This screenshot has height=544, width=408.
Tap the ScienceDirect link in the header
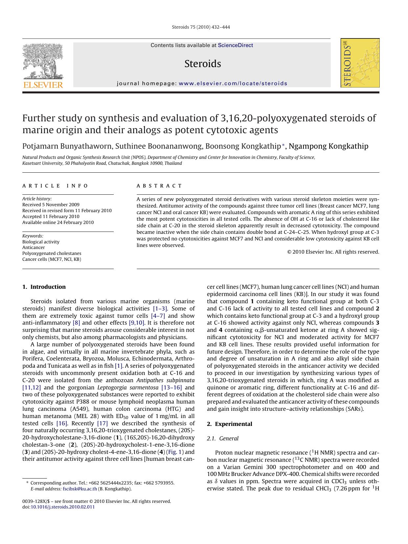235,45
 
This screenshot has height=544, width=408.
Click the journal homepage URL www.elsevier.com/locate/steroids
233,84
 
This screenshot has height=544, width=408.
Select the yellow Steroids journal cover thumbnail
360,63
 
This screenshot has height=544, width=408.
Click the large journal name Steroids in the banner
203,63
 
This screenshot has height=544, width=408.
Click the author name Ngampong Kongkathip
328,146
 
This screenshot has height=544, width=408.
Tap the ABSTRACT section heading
159,186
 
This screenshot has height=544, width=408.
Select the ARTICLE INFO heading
55,186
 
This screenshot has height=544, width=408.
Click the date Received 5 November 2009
51,205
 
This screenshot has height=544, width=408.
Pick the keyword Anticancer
34,247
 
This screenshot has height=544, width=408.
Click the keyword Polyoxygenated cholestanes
52,253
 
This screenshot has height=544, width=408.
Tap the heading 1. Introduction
44,287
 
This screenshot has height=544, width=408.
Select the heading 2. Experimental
229,424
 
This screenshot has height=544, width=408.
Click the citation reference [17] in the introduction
102,423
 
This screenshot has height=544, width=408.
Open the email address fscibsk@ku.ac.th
80,489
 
